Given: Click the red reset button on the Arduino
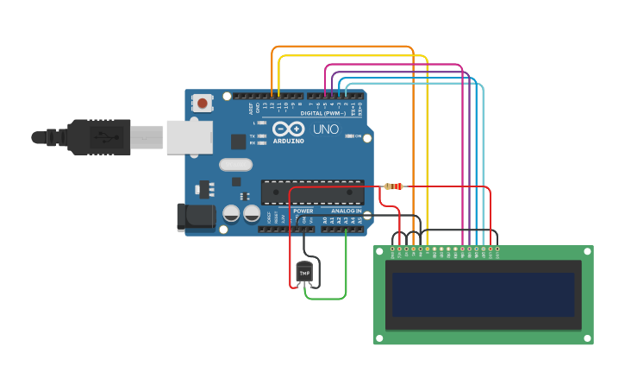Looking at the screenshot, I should [202, 104].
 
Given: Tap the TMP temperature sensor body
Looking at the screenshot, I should [304, 272].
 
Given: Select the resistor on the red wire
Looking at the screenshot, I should [393, 186].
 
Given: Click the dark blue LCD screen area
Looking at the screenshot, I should [483, 295].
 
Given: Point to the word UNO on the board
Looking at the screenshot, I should [325, 129].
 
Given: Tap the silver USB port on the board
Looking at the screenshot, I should [189, 137].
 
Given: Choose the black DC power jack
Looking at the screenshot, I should [196, 217].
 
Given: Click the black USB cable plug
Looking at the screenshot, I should [99, 136].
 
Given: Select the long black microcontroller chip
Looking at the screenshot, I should [312, 193].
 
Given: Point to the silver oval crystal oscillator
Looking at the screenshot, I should [235, 165].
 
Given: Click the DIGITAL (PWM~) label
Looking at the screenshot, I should [323, 113].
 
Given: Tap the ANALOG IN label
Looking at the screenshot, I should [347, 211].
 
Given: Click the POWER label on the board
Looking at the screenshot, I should [303, 211].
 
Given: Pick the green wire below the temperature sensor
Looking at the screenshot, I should [325, 299].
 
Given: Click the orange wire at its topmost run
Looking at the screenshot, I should [345, 47].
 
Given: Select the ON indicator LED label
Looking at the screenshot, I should [358, 136].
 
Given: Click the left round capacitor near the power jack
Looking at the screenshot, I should [231, 213].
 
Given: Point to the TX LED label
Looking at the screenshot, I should [252, 136].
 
